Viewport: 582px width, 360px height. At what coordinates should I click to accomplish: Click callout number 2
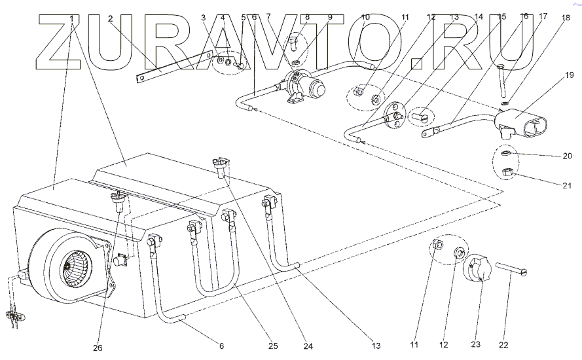[x=111, y=18]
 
